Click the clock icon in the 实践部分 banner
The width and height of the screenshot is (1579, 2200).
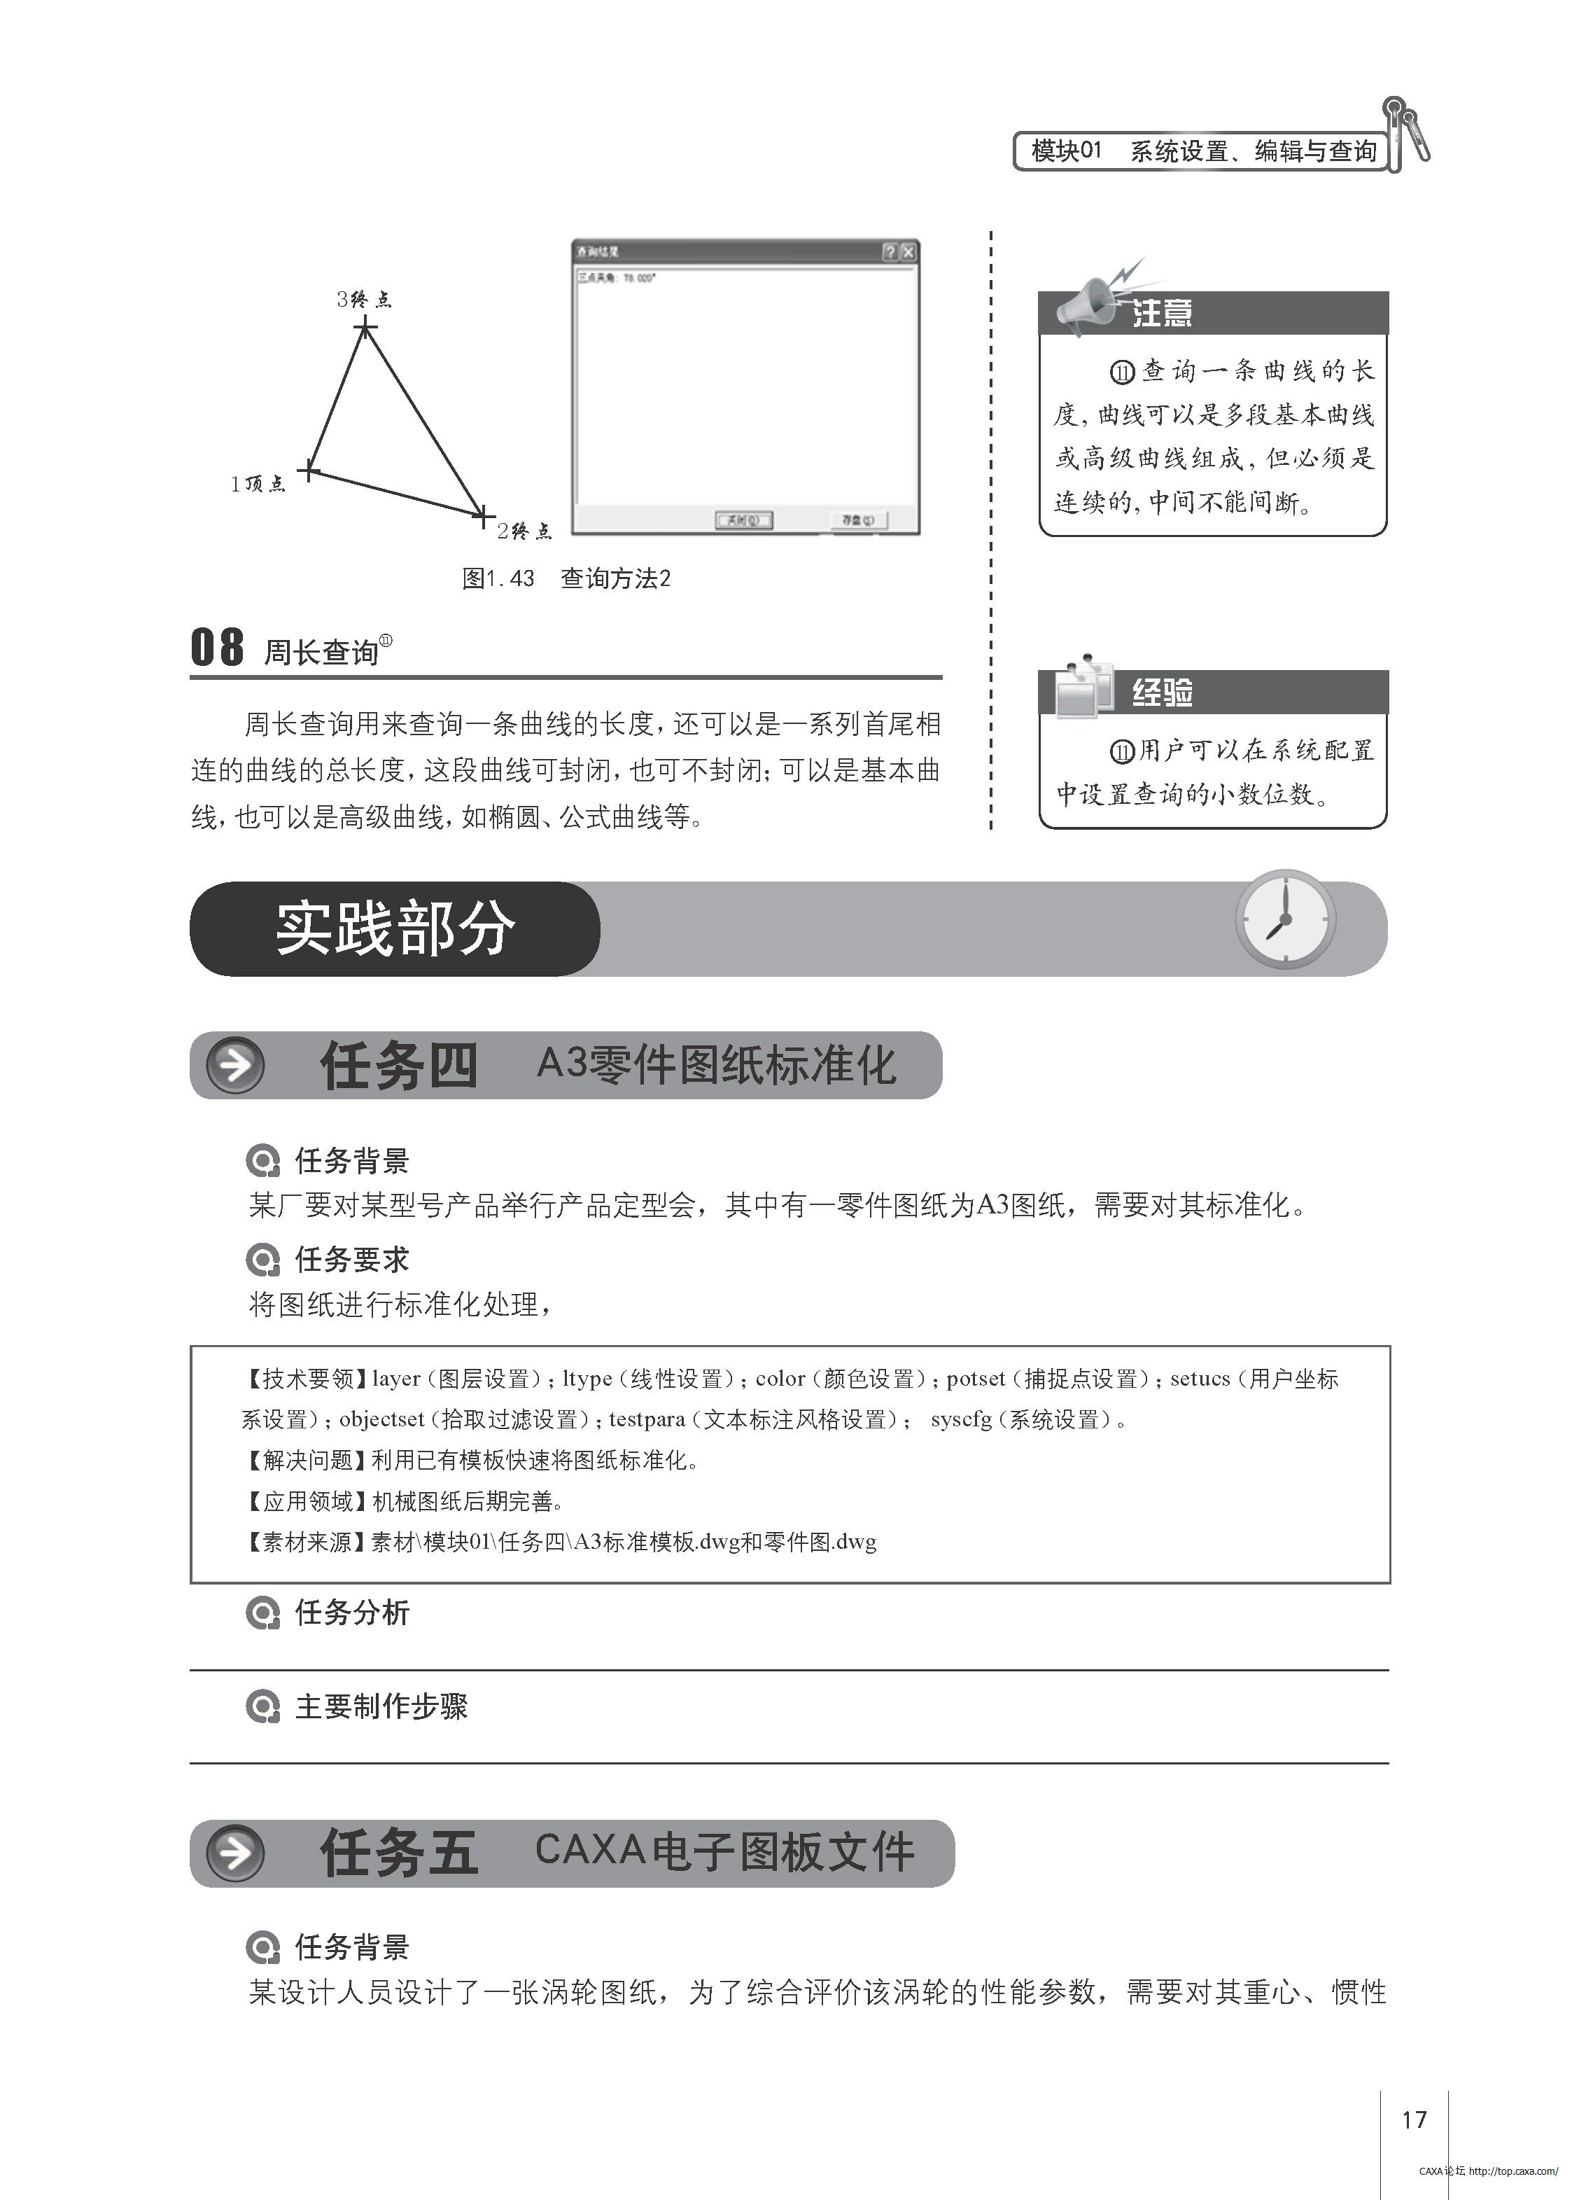[1285, 919]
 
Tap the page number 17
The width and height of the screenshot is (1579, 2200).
[1413, 2119]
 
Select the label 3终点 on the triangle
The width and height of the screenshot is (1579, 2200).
[364, 299]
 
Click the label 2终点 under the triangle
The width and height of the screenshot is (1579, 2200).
[524, 531]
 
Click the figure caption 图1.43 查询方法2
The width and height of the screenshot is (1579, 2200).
[566, 578]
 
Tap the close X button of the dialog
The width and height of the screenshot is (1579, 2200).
[908, 252]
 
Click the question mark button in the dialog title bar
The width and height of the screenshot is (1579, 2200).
[890, 252]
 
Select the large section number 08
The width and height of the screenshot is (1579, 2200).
[216, 647]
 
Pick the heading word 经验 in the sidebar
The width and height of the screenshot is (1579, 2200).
[1162, 692]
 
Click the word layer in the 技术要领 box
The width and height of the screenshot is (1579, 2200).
[395, 1379]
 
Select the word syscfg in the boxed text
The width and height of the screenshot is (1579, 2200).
[961, 1419]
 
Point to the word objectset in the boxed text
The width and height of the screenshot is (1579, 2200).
[381, 1419]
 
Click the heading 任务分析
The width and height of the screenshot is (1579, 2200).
[351, 1612]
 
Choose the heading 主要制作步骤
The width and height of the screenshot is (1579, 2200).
[380, 1706]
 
